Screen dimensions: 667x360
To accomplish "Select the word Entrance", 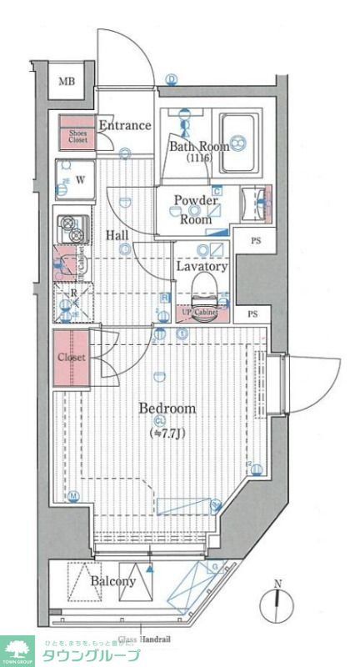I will [x=125, y=126].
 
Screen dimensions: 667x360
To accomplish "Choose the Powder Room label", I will [x=196, y=209].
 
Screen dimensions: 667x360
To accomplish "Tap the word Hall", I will [x=117, y=235].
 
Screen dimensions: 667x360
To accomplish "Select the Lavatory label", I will [x=202, y=267].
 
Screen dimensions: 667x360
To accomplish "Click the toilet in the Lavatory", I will [x=203, y=291].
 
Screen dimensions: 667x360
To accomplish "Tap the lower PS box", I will [x=252, y=314].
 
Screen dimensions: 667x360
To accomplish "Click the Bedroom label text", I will [x=167, y=409].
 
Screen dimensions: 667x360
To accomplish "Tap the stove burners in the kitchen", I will [x=72, y=229].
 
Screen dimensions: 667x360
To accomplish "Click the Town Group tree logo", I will [x=17, y=649].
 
